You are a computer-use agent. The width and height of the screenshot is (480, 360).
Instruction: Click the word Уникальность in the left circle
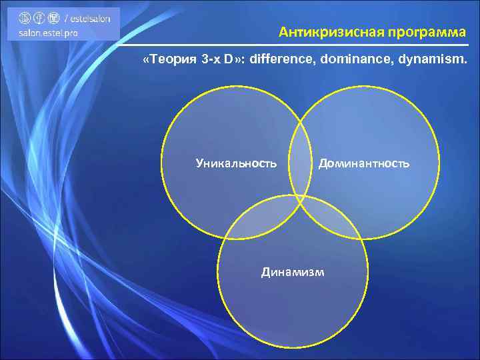pyautogui.click(x=236, y=163)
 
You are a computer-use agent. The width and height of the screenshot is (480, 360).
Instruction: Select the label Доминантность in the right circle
pyautogui.click(x=364, y=163)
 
